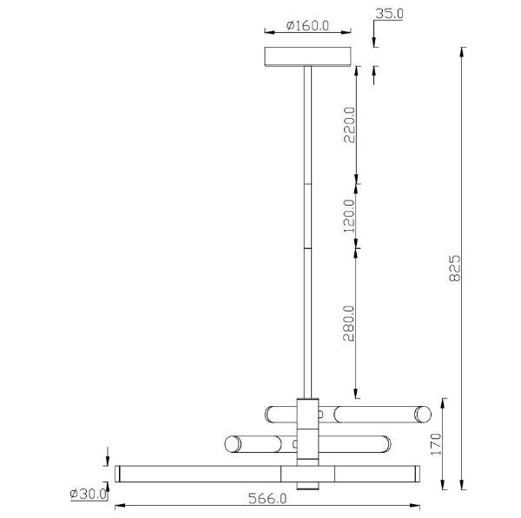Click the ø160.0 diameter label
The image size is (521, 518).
click(308, 26)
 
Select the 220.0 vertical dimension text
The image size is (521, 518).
click(350, 127)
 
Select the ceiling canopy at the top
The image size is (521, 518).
click(308, 56)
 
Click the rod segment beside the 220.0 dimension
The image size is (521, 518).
click(307, 126)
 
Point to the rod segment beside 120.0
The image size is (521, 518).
click(307, 216)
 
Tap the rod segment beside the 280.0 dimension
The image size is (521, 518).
click(307, 323)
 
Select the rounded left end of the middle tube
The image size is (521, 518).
click(232, 444)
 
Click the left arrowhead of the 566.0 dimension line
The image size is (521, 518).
click(120, 506)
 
